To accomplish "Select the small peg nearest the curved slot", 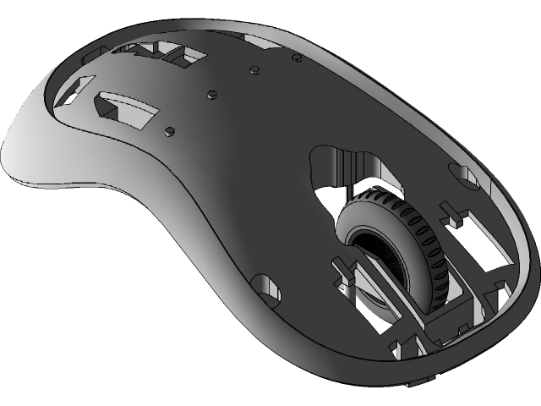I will tap(170, 130).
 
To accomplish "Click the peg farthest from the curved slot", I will tap(297, 57).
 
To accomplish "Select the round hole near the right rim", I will tap(463, 173).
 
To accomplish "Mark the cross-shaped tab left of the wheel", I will tap(345, 275).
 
